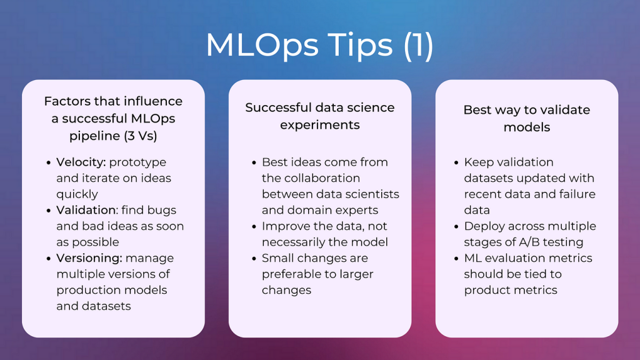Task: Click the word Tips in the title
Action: click(359, 45)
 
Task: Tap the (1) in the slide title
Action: click(418, 45)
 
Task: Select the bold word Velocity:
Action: click(81, 162)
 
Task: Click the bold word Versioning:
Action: click(89, 258)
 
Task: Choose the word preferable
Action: click(287, 274)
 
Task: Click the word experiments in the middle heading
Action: click(319, 125)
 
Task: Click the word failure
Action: click(576, 194)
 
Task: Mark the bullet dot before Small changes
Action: click(254, 259)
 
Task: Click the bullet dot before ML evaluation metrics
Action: click(456, 259)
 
